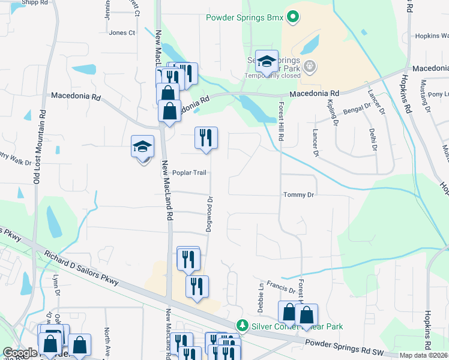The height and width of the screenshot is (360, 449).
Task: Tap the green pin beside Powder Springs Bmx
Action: tap(292, 17)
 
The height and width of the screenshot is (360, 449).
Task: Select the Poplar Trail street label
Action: tap(189, 173)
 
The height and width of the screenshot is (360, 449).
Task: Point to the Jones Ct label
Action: tap(122, 33)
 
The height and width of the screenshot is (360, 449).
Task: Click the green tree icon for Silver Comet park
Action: tap(242, 326)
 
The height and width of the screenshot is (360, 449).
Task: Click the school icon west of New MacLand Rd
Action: tap(143, 146)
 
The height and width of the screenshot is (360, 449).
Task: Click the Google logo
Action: tap(20, 353)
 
